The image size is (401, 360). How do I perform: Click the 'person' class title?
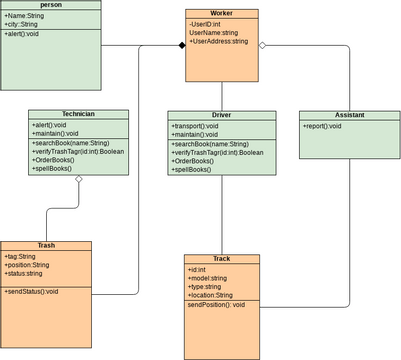[x=50, y=6]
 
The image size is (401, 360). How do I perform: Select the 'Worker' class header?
[x=221, y=14]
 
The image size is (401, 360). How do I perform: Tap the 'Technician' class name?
[x=78, y=115]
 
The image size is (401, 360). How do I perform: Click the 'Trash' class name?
[x=46, y=245]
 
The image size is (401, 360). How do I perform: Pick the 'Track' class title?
[x=221, y=259]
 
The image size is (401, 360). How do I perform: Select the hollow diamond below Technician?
[x=78, y=181]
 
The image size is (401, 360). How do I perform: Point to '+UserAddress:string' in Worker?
[x=218, y=42]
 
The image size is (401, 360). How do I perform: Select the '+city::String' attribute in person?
[x=22, y=24]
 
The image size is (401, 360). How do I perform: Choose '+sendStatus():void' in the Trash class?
[x=31, y=291]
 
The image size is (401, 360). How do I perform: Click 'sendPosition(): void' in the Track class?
[x=216, y=304]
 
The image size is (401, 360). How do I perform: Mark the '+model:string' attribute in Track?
[x=208, y=278]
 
